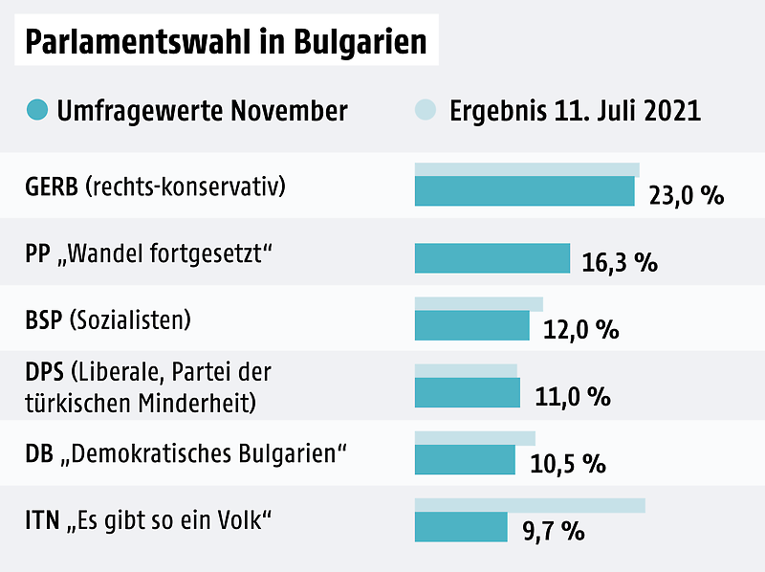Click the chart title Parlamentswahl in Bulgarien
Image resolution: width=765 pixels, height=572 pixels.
tap(226, 43)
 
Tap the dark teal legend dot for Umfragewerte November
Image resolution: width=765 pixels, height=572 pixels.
tap(37, 110)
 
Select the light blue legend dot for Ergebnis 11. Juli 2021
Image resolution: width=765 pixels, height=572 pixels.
tap(427, 110)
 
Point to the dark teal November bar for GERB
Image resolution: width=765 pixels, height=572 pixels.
tap(524, 191)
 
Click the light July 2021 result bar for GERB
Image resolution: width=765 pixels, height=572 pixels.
tap(526, 170)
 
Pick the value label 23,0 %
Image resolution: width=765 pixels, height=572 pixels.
tap(686, 196)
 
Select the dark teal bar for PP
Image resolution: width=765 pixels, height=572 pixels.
tap(492, 258)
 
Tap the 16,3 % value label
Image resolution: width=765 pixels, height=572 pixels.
tap(619, 263)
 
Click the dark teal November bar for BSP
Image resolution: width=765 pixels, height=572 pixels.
tap(471, 325)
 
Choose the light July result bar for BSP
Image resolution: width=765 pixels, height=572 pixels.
tap(478, 304)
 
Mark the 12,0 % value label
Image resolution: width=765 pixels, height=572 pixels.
tap(580, 330)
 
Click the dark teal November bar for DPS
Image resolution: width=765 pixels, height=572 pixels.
tap(467, 392)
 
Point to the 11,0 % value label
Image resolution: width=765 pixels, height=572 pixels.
tap(572, 397)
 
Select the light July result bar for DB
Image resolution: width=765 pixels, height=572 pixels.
tap(474, 438)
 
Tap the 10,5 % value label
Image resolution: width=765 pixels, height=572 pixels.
tap(568, 464)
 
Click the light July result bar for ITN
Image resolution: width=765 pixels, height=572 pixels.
tap(529, 505)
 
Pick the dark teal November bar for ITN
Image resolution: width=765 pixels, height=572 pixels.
tap(460, 526)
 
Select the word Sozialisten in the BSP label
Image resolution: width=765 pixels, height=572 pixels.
tap(130, 319)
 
